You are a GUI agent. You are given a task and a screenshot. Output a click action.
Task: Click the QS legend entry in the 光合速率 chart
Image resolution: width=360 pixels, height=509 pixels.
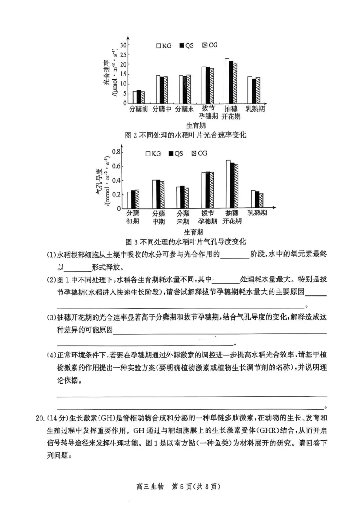[186, 45]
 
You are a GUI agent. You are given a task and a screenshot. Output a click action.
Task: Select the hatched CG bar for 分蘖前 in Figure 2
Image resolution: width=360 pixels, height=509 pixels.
[143, 98]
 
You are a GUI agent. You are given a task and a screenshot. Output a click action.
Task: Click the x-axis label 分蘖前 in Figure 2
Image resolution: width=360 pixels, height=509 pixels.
[139, 109]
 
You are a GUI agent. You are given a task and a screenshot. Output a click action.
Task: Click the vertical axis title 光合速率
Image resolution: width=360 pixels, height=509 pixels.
[106, 72]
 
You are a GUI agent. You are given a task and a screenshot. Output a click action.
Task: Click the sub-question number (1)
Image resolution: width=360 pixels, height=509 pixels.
[51, 255]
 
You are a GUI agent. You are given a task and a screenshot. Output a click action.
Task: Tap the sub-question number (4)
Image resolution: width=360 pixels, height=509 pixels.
[51, 355]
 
